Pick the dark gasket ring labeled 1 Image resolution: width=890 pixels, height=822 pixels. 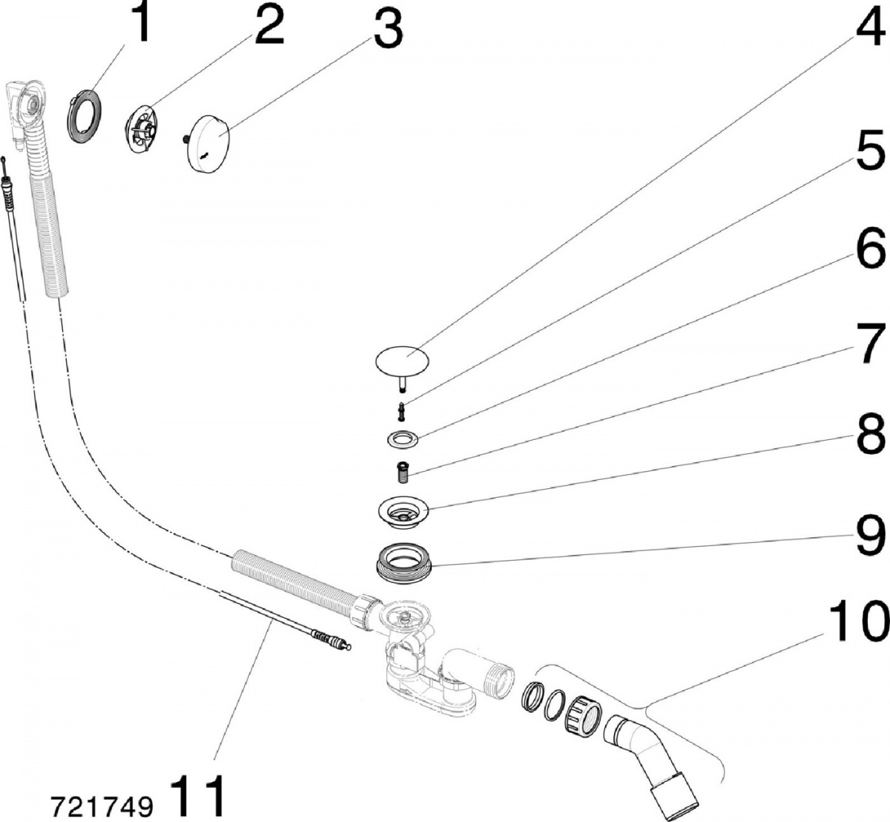tap(85, 116)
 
